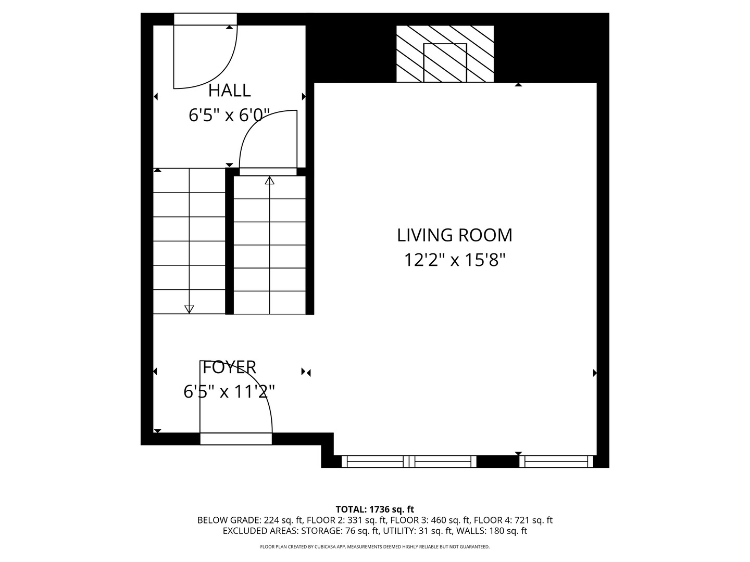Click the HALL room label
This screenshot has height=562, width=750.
[229, 91]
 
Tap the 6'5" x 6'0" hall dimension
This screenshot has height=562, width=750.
[229, 115]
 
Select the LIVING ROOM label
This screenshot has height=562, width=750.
[455, 235]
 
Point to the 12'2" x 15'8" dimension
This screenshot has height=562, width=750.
[455, 260]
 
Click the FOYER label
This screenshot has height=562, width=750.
[229, 367]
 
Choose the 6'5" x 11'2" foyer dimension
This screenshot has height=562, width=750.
[229, 391]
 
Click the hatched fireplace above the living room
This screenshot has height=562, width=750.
[445, 54]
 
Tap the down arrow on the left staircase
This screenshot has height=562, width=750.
[189, 309]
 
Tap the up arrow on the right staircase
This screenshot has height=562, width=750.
[269, 181]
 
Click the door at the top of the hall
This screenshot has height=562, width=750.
[205, 20]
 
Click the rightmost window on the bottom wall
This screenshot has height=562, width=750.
[556, 462]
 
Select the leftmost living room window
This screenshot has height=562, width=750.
[375, 462]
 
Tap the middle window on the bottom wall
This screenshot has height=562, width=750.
[444, 462]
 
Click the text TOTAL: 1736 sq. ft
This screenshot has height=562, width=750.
[375, 509]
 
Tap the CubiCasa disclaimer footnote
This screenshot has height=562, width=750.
[375, 547]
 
